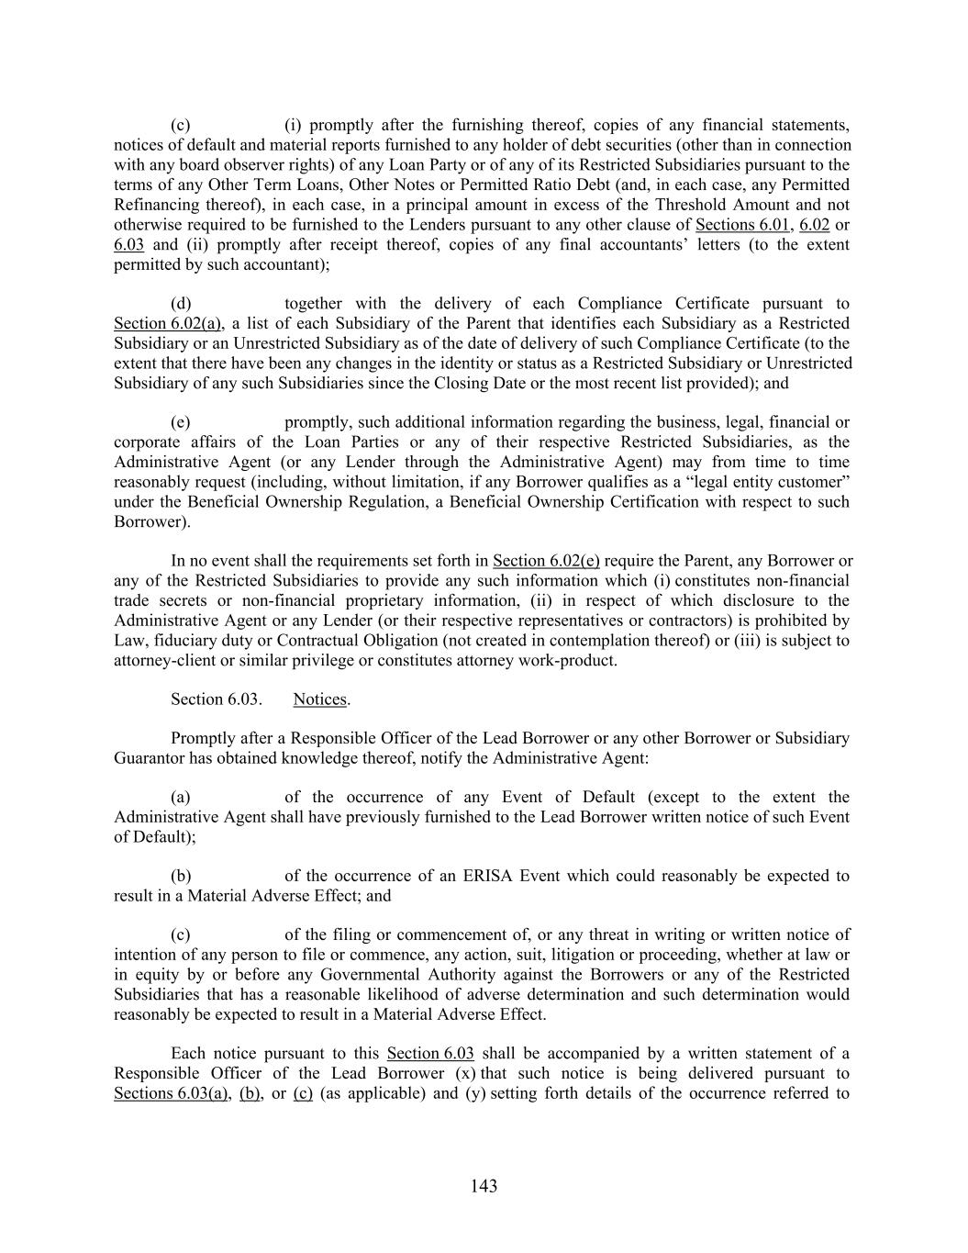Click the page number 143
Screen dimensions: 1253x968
click(484, 1186)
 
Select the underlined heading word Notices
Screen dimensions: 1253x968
click(320, 699)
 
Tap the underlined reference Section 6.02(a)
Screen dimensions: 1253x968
click(168, 323)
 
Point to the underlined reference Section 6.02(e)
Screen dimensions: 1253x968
click(546, 561)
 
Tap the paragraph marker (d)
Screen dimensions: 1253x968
click(181, 304)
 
